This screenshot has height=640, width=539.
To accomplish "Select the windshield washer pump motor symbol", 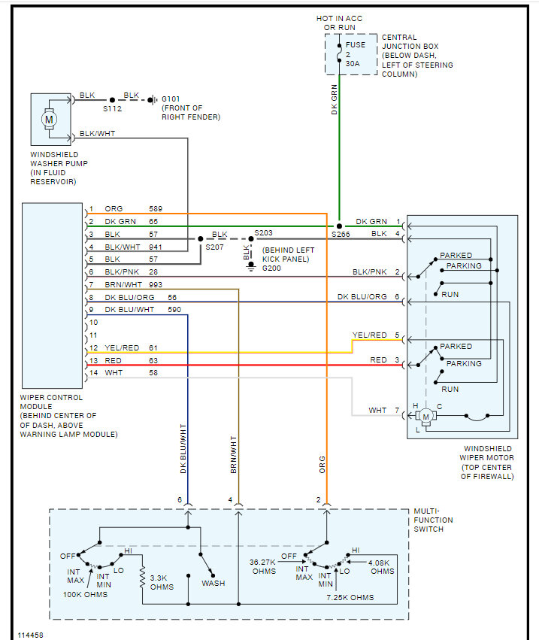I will [x=50, y=120].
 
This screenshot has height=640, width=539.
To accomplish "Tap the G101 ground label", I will [x=171, y=98].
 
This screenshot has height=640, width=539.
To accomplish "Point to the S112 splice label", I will [x=112, y=108].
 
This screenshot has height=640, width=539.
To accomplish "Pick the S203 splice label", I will [x=263, y=233].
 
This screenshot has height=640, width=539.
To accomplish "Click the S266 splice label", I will [x=341, y=235].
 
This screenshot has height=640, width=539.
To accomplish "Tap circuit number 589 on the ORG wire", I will [x=155, y=208].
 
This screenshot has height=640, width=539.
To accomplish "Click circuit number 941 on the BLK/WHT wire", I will [x=155, y=246].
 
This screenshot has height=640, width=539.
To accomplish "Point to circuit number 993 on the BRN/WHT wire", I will [x=155, y=284].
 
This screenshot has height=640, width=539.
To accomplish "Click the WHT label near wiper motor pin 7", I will [x=377, y=410].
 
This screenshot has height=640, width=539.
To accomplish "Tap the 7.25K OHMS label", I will [x=350, y=597].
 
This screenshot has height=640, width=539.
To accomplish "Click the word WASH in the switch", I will [x=212, y=583].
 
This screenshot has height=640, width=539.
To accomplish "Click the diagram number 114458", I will [x=31, y=635].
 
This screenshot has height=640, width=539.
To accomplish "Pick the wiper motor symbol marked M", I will [x=425, y=416].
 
